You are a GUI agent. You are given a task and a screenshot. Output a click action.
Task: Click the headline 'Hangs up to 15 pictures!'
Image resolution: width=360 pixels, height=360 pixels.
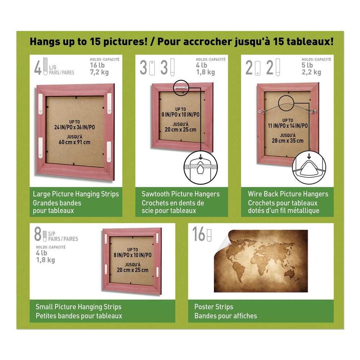click(x=89, y=41)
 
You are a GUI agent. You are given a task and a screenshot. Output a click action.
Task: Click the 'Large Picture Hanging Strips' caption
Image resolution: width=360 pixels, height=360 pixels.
click(x=76, y=194)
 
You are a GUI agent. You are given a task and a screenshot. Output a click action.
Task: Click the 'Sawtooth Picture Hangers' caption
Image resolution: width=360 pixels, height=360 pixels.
click(x=180, y=194)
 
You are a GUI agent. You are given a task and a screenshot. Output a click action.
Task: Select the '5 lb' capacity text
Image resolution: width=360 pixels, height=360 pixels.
click(x=308, y=65)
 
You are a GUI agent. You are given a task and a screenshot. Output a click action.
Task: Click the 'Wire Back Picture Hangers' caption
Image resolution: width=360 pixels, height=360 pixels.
click(x=288, y=194)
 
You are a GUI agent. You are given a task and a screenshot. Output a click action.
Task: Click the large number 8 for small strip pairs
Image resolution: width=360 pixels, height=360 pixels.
click(x=38, y=234)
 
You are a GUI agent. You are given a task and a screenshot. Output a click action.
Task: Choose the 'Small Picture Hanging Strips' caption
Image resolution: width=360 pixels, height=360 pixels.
click(x=78, y=307)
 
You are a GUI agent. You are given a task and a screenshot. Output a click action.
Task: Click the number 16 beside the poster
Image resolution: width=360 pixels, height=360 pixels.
click(x=199, y=234)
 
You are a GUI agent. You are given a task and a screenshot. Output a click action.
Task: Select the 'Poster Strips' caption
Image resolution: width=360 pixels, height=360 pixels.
click(x=214, y=307)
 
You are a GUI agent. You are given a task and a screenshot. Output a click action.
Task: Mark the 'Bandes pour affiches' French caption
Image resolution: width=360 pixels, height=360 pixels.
click(x=226, y=316)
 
